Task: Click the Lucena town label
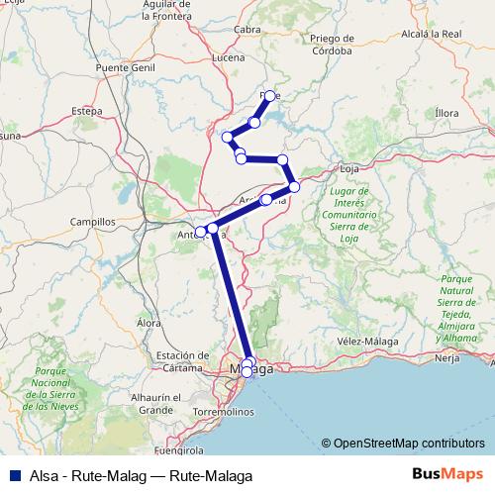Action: pyautogui.click(x=229, y=58)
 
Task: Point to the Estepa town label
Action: pyautogui.click(x=87, y=110)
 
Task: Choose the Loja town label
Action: pyautogui.click(x=348, y=168)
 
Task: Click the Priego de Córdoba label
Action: pyautogui.click(x=331, y=44)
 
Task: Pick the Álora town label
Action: pyautogui.click(x=148, y=323)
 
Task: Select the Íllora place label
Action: pyautogui.click(x=446, y=113)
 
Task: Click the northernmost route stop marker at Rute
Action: pyautogui.click(x=269, y=96)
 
